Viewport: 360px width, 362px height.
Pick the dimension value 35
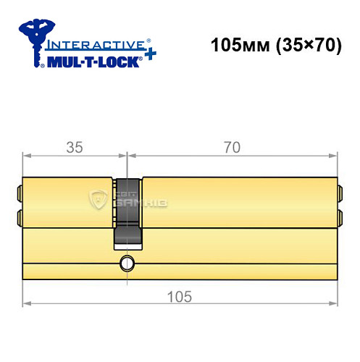74,147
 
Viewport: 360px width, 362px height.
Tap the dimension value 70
232,147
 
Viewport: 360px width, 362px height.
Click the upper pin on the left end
19,193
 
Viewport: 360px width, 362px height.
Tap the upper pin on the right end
339,193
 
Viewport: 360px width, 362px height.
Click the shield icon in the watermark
99,198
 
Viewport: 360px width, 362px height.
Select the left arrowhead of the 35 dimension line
27,155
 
